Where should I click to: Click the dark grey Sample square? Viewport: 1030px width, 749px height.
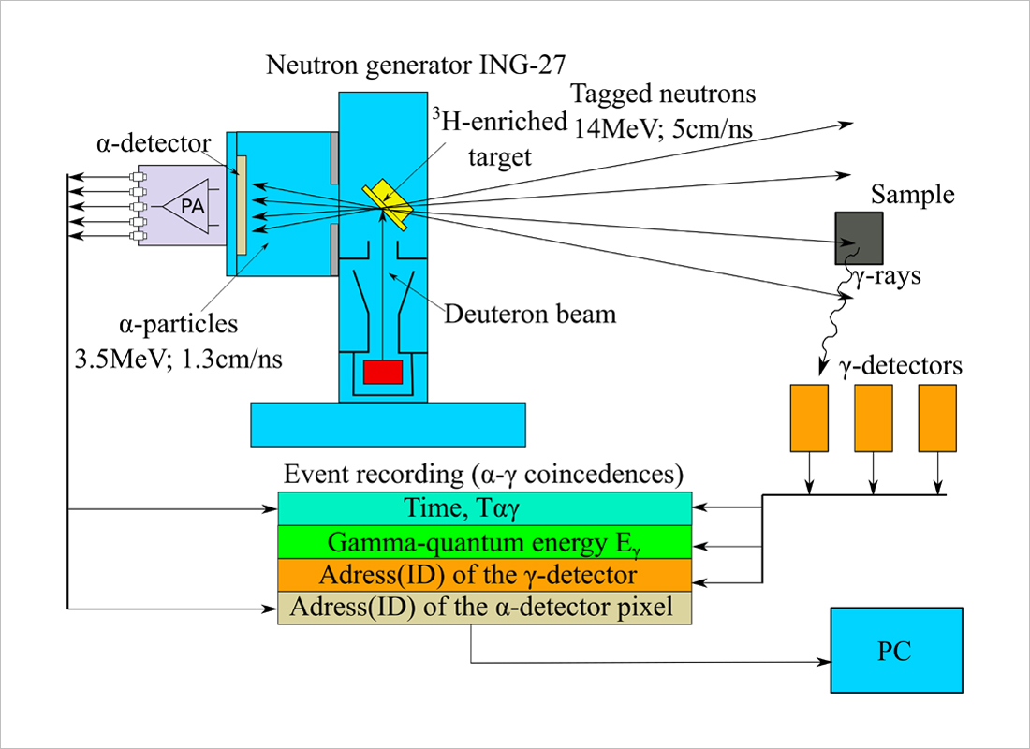pyautogui.click(x=859, y=239)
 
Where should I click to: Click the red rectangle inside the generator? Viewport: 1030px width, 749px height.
pyautogui.click(x=382, y=372)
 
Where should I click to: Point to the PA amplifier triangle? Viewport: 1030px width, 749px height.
pyautogui.click(x=188, y=206)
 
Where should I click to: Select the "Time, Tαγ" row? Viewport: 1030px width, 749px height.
pyautogui.click(x=484, y=508)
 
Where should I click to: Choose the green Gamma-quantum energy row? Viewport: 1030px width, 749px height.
pyautogui.click(x=484, y=542)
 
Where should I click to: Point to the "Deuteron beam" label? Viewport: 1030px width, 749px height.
pyautogui.click(x=530, y=313)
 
